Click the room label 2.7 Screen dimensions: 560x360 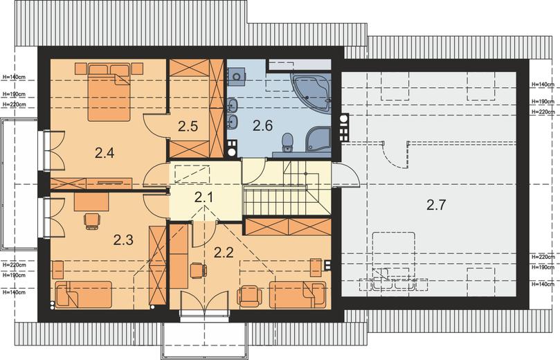coord(436,205)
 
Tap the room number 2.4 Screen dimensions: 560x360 coord(105,153)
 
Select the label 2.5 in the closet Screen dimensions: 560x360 coord(188,126)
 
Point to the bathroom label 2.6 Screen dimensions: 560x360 coord(263,126)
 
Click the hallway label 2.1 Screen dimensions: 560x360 coord(204,197)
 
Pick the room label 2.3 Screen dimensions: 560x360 coord(124,240)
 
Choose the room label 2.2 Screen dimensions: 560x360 coord(224,253)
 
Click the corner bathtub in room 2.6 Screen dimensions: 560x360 coord(311,92)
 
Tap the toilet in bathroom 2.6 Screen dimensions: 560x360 coord(287,142)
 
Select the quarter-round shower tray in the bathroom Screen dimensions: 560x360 coord(319,141)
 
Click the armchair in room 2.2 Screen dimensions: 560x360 coord(249,296)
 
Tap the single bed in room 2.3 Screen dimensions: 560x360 coord(83,294)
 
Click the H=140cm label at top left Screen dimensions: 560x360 coord(14,76)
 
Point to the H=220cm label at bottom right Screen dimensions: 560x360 coord(543,257)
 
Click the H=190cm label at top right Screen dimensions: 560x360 coord(543,102)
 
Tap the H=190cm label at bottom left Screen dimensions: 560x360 coord(14,276)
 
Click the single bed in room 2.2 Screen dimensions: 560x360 coord(298,295)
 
